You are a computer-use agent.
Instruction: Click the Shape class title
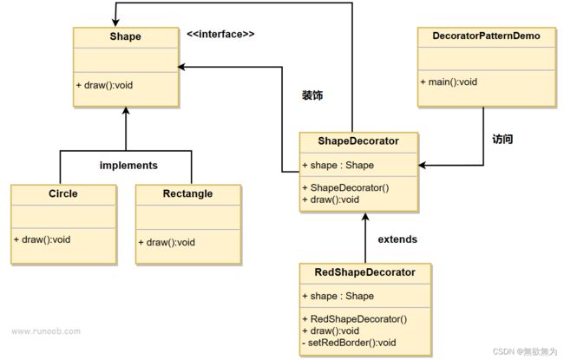point(125,36)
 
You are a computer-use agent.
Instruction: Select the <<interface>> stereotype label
point(220,34)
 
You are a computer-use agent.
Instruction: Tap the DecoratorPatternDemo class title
point(486,36)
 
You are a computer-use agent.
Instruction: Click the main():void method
point(449,82)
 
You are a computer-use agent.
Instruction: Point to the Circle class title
point(63,193)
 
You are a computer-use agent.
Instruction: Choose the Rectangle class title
point(187,193)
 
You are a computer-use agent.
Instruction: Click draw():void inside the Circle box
point(43,239)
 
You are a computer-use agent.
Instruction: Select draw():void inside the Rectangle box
point(167,242)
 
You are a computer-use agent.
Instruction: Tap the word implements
point(128,166)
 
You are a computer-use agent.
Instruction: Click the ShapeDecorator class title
point(358,141)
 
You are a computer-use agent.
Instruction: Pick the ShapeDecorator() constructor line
point(345,187)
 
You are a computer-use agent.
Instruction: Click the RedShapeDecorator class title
point(364,272)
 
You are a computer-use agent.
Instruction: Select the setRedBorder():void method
point(349,343)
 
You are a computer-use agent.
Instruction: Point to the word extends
point(397,239)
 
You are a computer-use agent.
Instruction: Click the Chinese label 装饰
point(312,95)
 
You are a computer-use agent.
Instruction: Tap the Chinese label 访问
point(502,139)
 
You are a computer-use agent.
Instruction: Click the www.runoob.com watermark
point(46,331)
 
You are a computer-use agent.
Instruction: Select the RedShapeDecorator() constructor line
point(355,319)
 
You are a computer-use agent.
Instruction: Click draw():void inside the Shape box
point(104,85)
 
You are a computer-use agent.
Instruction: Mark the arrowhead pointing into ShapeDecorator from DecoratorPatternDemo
point(422,166)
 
